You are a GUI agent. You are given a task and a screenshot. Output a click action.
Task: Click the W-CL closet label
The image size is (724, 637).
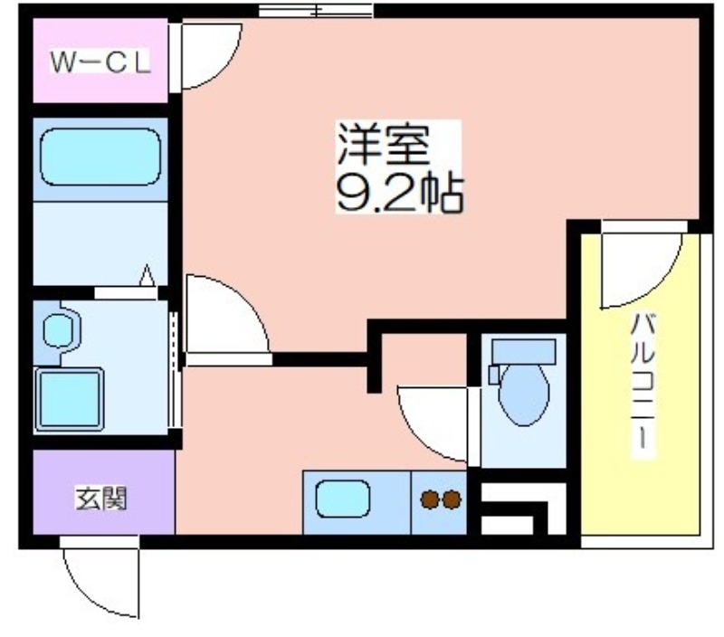[100, 62]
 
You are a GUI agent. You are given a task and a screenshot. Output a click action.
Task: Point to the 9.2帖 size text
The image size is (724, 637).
[400, 193]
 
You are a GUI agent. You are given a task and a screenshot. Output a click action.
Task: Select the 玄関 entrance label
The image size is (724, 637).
[101, 499]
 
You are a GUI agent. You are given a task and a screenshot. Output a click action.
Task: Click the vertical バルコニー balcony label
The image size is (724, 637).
[643, 383]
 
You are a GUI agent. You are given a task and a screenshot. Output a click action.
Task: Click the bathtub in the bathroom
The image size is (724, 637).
[100, 157]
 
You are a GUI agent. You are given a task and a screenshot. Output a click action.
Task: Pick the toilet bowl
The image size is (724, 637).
[524, 394]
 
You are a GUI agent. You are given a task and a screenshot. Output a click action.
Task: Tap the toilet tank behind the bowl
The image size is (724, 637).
[524, 352]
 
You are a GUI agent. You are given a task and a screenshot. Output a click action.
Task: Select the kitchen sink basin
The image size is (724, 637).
[343, 499]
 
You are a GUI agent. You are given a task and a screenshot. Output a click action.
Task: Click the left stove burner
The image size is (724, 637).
[429, 499]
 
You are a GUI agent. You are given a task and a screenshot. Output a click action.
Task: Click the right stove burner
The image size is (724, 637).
[452, 499]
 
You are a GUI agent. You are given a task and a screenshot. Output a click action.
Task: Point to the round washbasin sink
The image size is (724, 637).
[58, 330]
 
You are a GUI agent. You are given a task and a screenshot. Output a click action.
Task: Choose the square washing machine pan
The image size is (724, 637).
[70, 399]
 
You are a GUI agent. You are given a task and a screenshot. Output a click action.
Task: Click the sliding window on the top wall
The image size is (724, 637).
[316, 10]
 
